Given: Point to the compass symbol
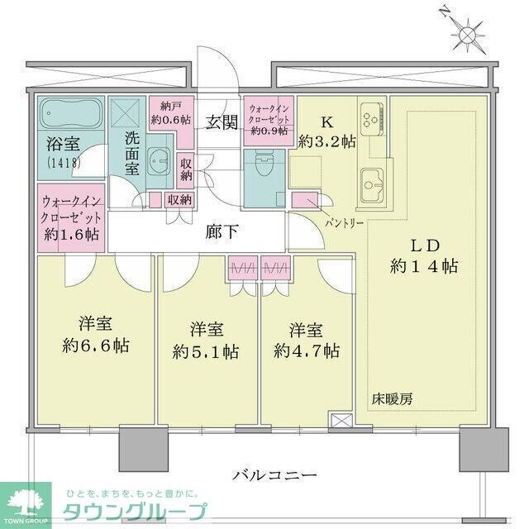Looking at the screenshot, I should [x=468, y=35].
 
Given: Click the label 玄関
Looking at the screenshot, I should [x=222, y=123].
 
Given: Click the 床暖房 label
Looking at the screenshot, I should [x=393, y=398].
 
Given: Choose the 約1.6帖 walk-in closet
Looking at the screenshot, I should [x=70, y=217].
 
